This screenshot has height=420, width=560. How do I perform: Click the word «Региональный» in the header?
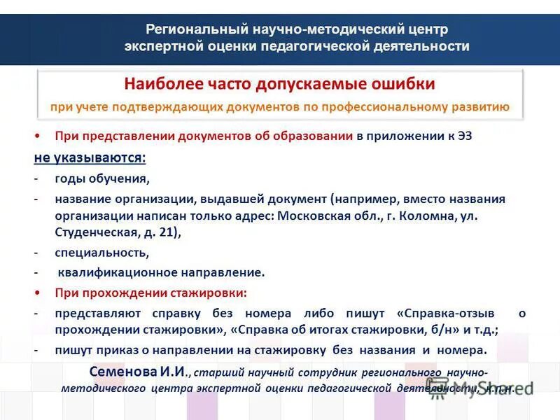[188, 29]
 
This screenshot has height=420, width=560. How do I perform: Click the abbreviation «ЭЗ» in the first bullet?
[464, 136]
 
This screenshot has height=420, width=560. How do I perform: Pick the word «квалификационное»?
[114, 272]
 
